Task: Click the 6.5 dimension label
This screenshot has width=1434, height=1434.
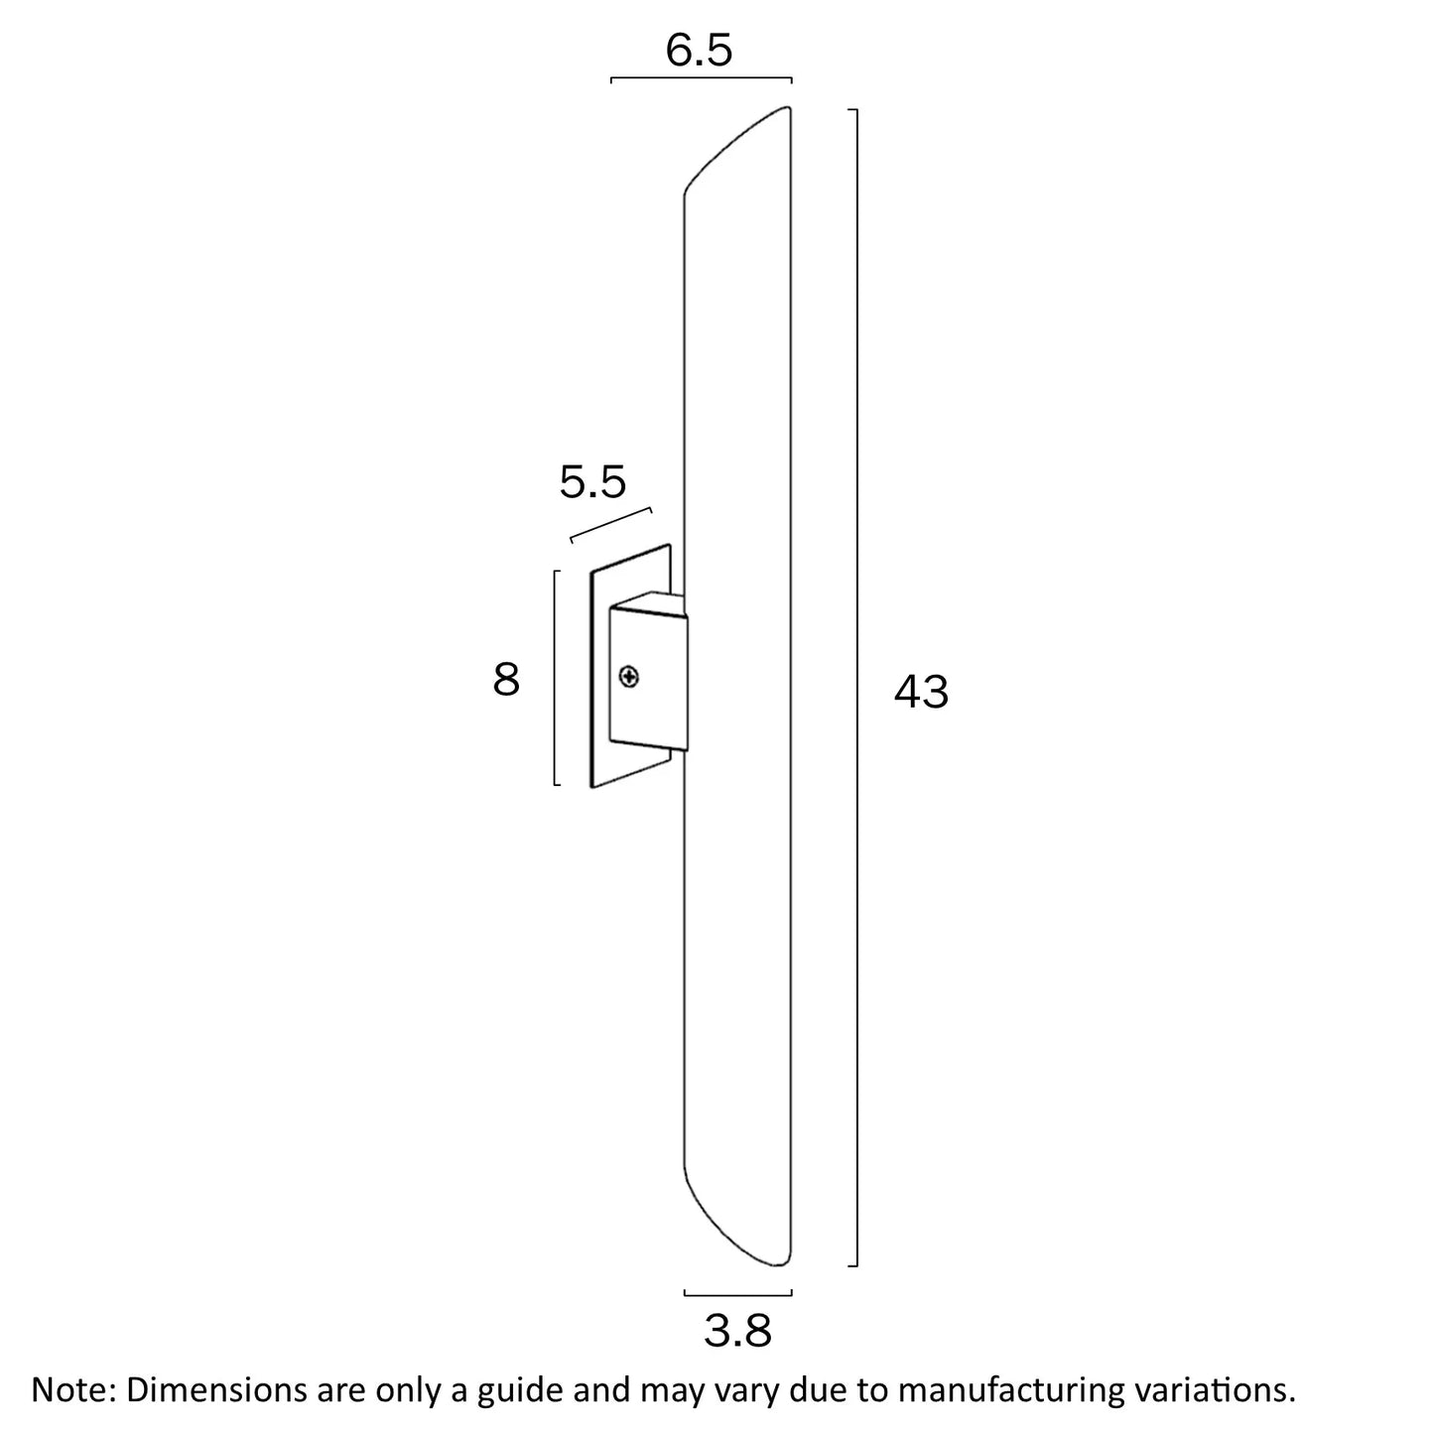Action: (699, 50)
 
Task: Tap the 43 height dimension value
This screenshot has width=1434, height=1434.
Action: (921, 692)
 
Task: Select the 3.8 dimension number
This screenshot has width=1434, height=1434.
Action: (737, 1331)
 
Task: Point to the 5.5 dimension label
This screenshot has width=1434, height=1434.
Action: (592, 482)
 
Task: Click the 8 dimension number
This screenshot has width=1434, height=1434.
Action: (506, 681)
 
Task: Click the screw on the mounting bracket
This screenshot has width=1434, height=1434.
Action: (629, 678)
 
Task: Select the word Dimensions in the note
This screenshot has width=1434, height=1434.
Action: (206, 1389)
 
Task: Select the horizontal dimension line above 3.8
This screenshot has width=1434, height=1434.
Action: (737, 1293)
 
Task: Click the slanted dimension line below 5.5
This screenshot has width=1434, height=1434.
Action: (611, 525)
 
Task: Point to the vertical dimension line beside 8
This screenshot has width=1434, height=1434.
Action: (555, 679)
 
